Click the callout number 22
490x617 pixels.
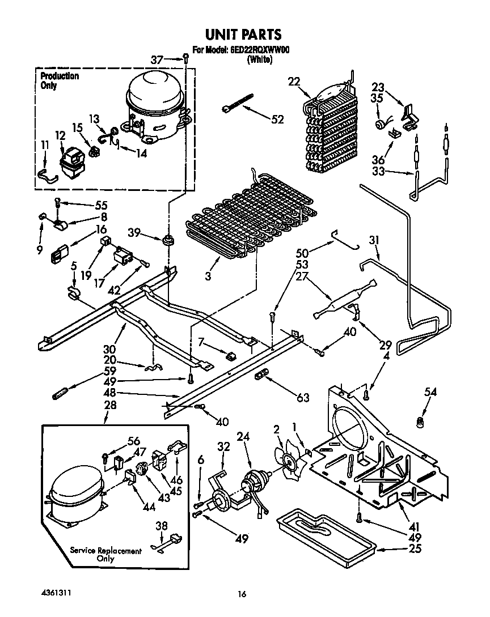pyautogui.click(x=293, y=81)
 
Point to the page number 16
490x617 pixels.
pyautogui.click(x=242, y=594)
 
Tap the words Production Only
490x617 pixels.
pyautogui.click(x=60, y=81)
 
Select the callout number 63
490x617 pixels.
pyautogui.click(x=303, y=398)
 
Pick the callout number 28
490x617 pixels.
pyautogui.click(x=110, y=405)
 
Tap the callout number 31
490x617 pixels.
pyautogui.click(x=374, y=240)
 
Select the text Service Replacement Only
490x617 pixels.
pyautogui.click(x=105, y=555)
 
